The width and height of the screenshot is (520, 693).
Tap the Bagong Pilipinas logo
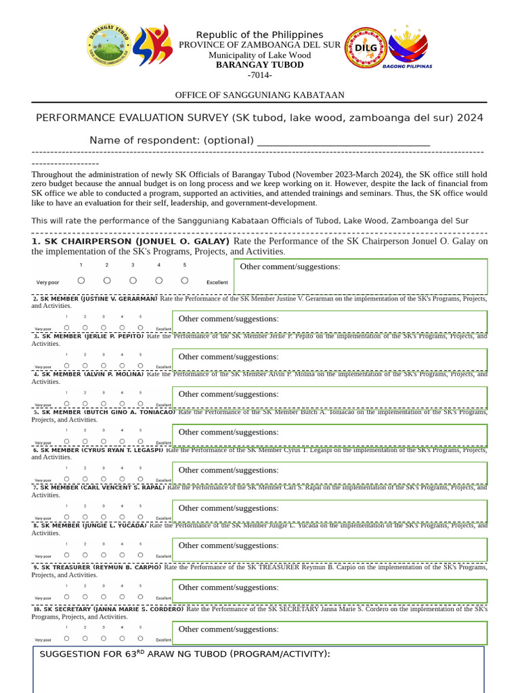point(407,47)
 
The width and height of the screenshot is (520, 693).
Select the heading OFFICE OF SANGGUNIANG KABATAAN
point(259,95)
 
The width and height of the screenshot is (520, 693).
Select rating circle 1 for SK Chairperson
point(81,280)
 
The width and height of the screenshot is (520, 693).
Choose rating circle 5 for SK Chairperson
point(184,280)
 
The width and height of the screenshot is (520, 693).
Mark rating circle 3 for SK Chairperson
point(133,280)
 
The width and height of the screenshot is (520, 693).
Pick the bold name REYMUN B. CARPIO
point(127,567)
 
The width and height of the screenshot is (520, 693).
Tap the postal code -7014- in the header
point(259,74)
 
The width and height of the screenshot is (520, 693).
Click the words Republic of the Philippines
point(259,35)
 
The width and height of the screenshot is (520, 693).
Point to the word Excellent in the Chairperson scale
point(217,282)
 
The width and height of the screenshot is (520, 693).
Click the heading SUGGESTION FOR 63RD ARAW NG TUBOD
point(185,654)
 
